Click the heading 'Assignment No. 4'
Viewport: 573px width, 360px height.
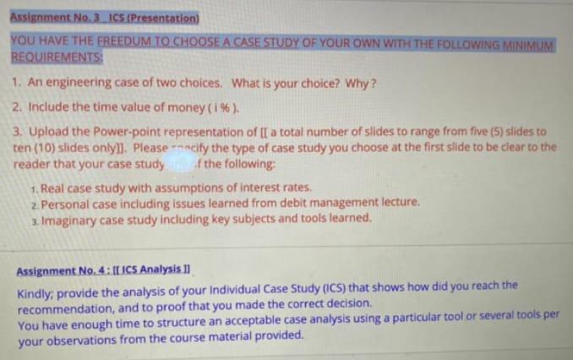click(63, 270)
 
